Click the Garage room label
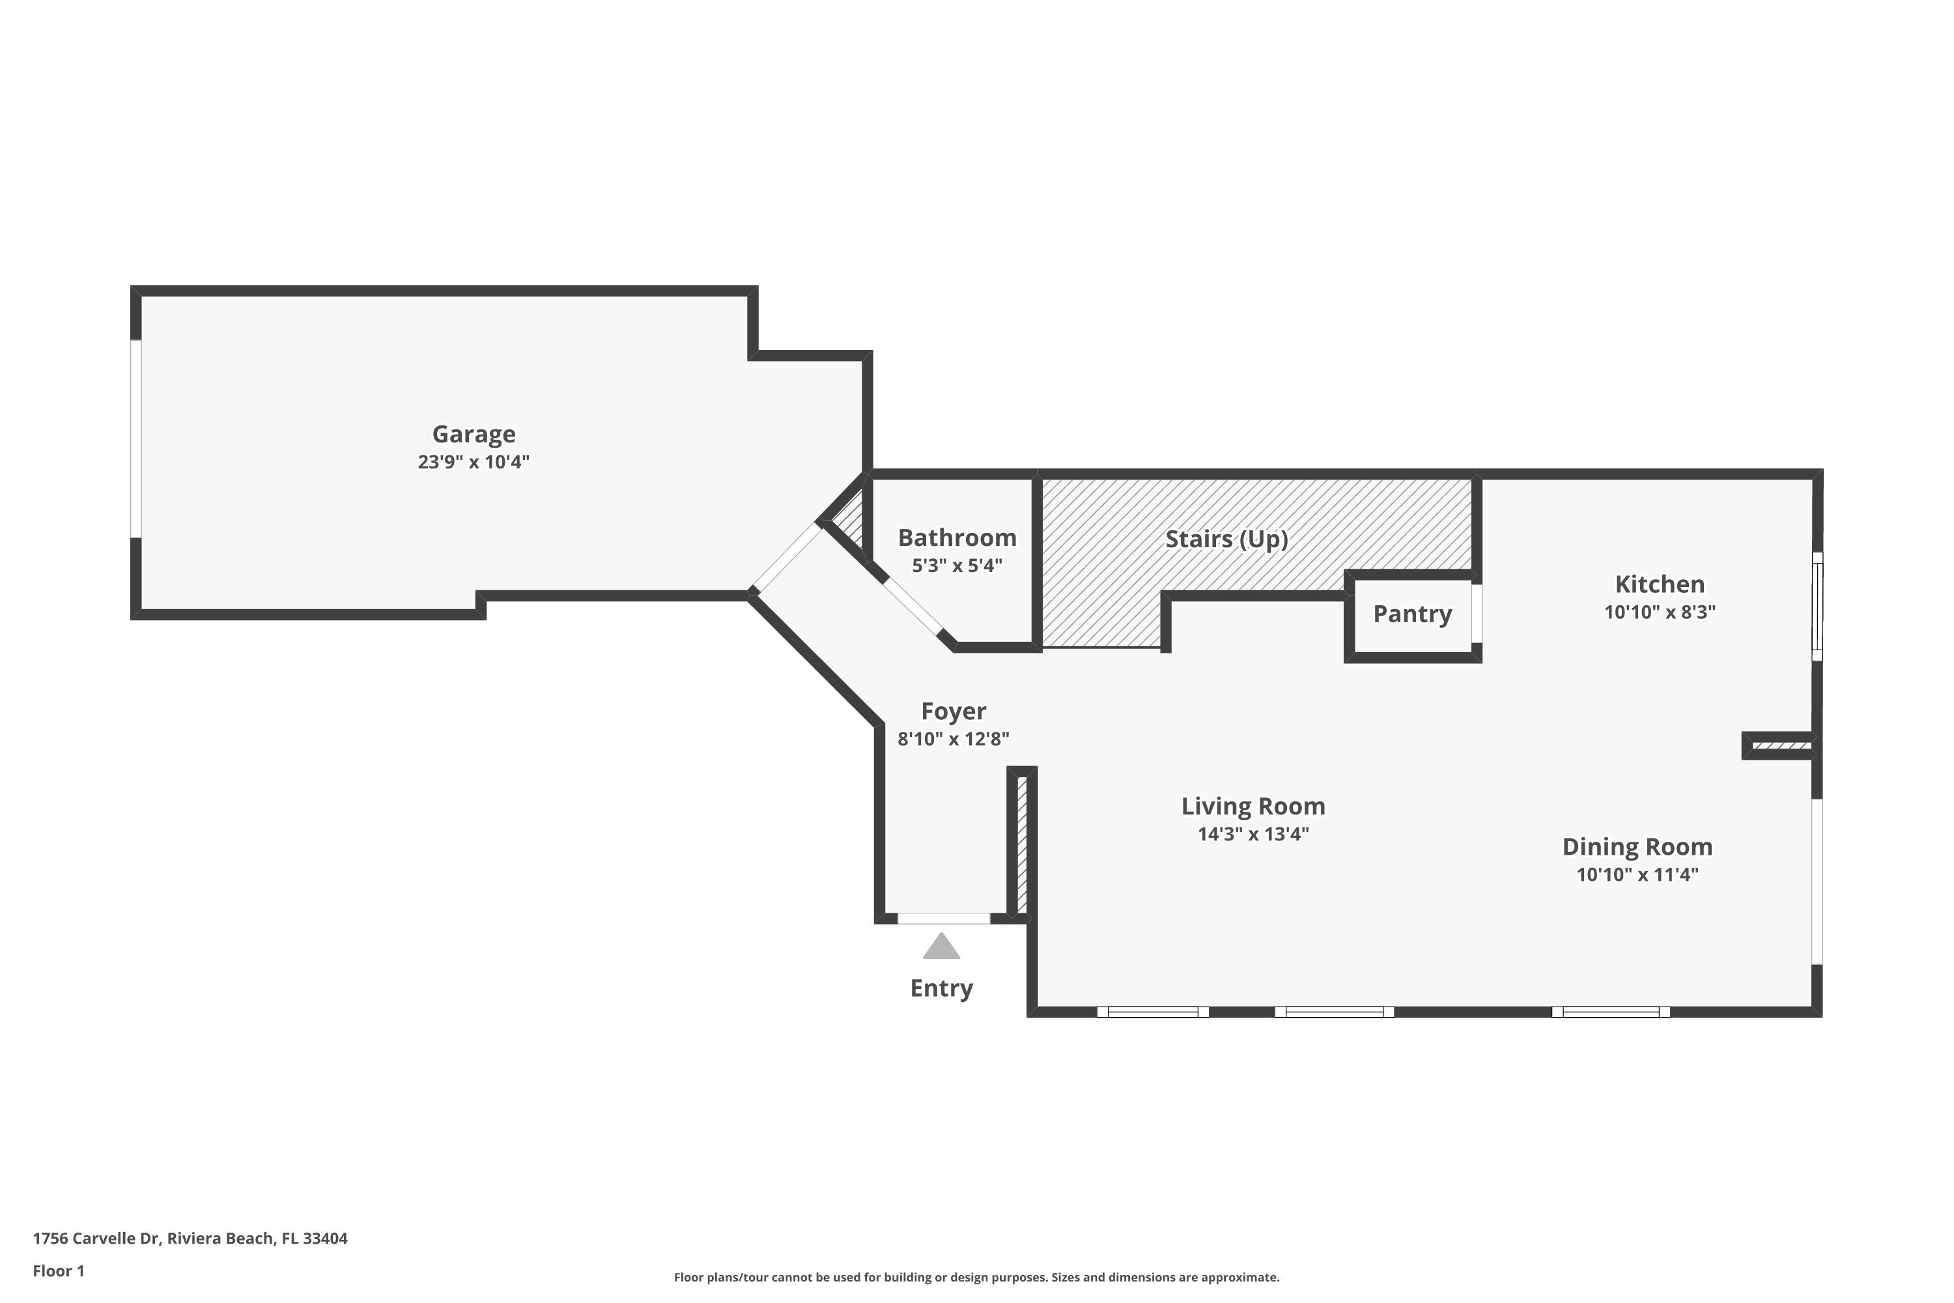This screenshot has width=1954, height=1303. pos(474,434)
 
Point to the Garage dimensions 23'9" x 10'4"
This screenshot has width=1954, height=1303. pos(474,462)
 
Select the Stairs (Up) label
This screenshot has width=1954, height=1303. pos(1226,539)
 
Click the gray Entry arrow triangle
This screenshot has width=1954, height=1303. pos(941,947)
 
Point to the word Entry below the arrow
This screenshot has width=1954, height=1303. pos(941,988)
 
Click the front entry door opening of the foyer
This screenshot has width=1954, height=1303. pos(944,918)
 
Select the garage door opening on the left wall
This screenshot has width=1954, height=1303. pos(136,438)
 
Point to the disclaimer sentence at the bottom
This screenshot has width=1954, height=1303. pos(976,1277)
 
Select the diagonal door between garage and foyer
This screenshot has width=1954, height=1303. pos(786,557)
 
